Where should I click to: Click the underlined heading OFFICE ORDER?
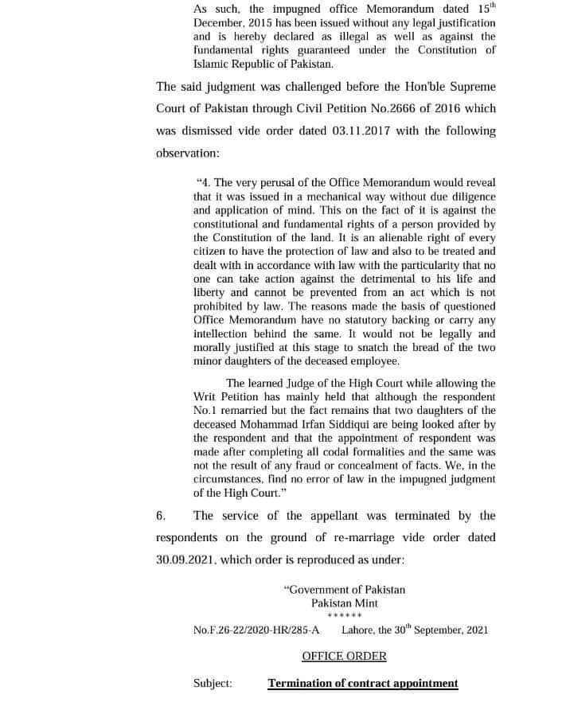(344, 656)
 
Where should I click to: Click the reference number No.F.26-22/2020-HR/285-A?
(256, 630)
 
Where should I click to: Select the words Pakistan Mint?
(345, 603)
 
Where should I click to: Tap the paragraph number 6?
(161, 516)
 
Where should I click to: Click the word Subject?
(213, 683)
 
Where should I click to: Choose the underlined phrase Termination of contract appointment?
(363, 683)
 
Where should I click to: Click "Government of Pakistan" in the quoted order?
(345, 590)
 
